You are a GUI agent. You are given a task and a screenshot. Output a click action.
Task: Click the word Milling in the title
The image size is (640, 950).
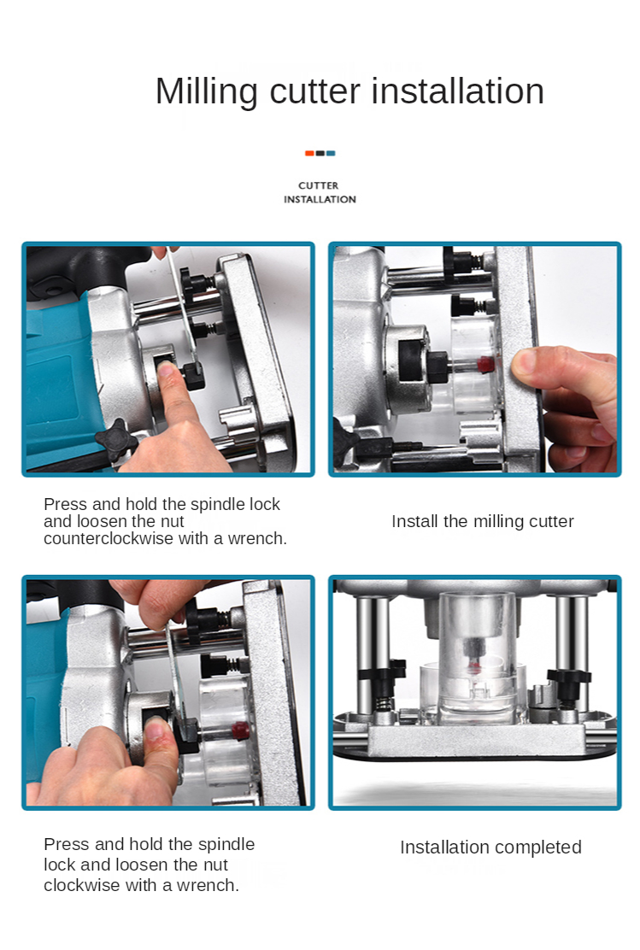[x=207, y=92]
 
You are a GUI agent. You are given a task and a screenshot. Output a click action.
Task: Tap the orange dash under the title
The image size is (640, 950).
[x=309, y=153]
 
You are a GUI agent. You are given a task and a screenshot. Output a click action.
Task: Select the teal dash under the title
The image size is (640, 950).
[x=331, y=153]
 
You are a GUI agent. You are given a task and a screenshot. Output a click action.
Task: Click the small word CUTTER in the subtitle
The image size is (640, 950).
[x=318, y=185]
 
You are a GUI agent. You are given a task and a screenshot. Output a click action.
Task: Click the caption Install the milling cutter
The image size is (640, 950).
[x=483, y=521]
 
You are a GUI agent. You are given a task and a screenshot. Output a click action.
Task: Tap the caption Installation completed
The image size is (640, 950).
[x=490, y=847]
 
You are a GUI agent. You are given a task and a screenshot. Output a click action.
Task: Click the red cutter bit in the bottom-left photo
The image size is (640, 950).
[x=240, y=730]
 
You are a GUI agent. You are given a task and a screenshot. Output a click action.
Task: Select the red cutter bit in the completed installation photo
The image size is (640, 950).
[x=473, y=666]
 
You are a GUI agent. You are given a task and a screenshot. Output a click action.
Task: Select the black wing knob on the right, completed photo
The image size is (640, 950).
[x=568, y=676]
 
